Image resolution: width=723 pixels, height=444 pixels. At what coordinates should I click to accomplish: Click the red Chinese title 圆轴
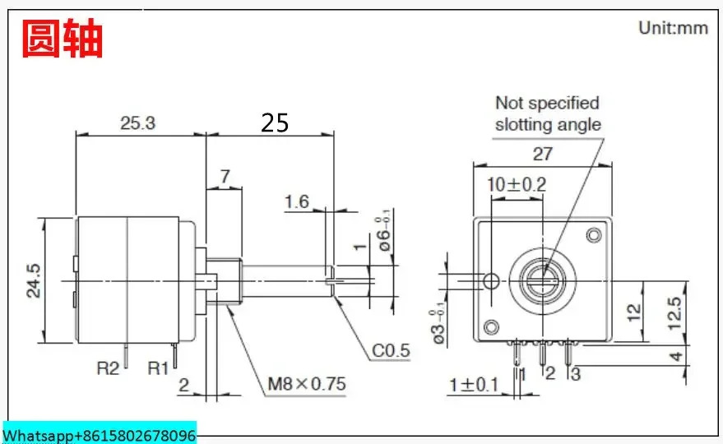63,39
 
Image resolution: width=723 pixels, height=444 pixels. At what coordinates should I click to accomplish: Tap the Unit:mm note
673,28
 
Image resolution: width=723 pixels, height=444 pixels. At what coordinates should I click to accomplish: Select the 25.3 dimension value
138,123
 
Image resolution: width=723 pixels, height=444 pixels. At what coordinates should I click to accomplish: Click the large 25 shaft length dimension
275,123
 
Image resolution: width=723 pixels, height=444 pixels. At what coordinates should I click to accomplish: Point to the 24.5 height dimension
34,280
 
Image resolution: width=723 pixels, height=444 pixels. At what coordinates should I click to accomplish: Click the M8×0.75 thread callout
307,384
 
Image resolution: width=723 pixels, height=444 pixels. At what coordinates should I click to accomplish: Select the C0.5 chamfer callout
391,351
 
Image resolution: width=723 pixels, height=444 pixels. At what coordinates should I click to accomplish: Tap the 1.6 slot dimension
296,201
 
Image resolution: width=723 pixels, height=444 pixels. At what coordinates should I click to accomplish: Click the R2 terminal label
108,368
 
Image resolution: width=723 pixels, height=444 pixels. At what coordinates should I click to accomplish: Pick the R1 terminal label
158,368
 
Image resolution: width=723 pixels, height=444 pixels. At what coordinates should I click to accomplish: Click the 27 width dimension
543,154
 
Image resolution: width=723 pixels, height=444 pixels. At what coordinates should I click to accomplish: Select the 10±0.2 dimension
517,185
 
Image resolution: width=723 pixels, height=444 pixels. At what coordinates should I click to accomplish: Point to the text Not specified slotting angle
548,113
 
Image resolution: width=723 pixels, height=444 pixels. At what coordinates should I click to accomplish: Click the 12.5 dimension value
674,313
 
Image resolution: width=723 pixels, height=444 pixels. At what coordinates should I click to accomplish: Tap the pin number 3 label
576,374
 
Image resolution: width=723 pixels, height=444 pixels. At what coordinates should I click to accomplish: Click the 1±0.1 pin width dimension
474,385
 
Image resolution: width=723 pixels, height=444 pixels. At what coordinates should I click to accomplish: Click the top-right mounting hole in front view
593,235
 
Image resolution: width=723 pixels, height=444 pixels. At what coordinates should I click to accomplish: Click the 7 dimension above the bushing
225,177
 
